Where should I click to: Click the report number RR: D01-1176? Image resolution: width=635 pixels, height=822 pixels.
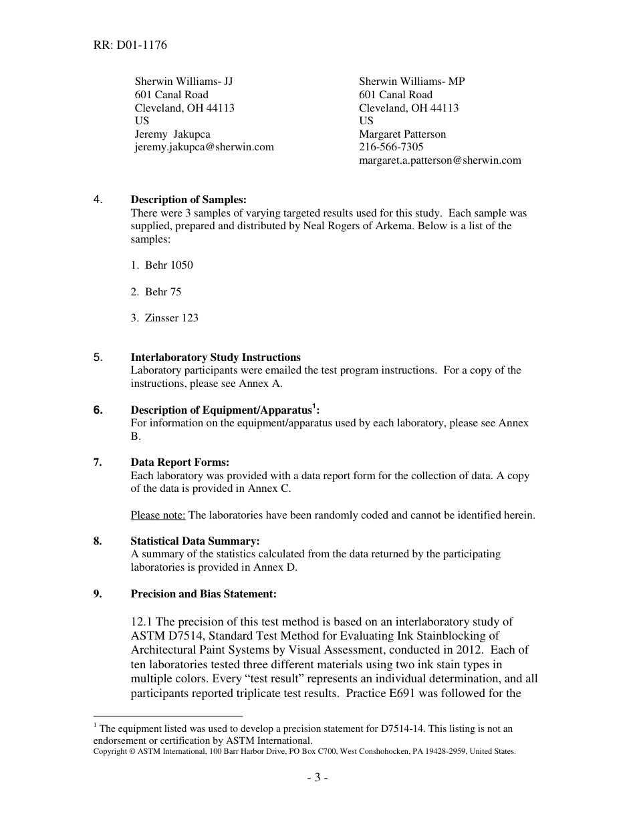click(130, 45)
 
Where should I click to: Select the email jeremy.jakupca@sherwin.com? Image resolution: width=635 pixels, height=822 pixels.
click(204, 147)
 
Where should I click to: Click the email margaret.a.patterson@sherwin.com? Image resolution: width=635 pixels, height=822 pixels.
click(440, 160)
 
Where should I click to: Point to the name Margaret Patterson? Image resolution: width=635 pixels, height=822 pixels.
click(402, 134)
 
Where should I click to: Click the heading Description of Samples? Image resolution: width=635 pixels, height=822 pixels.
click(188, 200)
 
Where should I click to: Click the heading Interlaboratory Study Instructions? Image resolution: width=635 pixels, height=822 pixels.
click(215, 357)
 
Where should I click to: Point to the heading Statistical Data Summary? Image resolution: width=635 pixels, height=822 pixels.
click(195, 541)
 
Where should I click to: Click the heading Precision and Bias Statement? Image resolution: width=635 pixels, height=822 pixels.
click(203, 594)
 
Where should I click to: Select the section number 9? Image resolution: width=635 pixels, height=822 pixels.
click(98, 594)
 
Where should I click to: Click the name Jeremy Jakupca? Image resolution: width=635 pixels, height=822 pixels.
click(172, 134)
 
